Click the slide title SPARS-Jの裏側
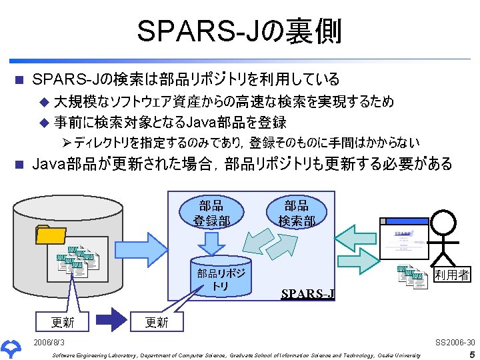coord(239,31)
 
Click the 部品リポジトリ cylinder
coord(221,275)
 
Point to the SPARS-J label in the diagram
coord(308,294)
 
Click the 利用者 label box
coord(451,275)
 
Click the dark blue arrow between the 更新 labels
coord(108,321)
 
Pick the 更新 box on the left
coord(63,322)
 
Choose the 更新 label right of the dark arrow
coord(157,322)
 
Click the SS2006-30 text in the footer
coord(455,342)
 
